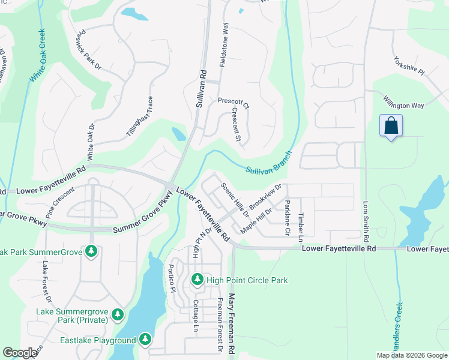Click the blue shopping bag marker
coord(391,126)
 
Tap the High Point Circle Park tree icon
coord(197,280)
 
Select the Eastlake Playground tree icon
coord(145,340)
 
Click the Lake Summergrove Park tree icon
coord(118,314)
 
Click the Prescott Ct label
coord(233,103)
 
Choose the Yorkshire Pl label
coord(409,67)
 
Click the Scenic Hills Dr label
coord(235,199)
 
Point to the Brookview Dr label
coord(265,197)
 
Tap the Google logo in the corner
coord(20,353)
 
